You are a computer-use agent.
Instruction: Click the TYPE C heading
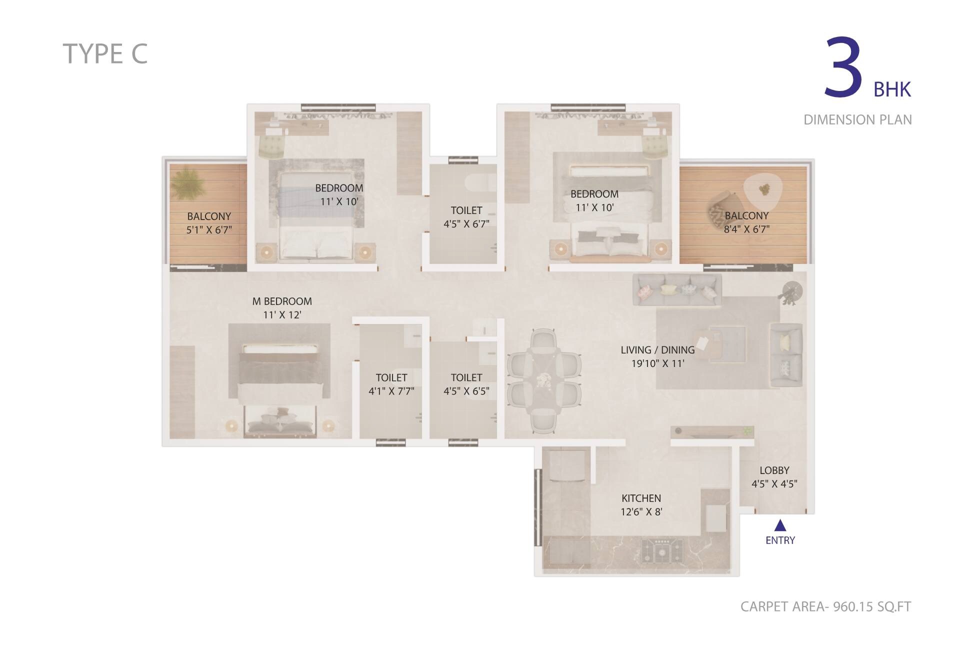coord(105,54)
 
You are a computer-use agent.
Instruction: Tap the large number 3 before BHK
coord(843,67)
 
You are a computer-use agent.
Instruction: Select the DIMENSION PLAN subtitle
coord(857,120)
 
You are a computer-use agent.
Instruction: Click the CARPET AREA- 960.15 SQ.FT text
coord(825,606)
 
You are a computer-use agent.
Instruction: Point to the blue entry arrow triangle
coord(780,525)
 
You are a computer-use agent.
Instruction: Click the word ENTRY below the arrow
coord(780,540)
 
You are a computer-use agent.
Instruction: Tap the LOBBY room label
coord(774,470)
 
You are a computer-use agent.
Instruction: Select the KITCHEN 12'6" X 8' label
coord(641,505)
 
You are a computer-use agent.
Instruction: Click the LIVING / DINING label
coord(657,350)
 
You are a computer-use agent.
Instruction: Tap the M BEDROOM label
coord(282,301)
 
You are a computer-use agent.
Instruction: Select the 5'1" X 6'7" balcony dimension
coord(209,230)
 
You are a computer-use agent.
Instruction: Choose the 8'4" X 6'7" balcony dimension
coord(746,229)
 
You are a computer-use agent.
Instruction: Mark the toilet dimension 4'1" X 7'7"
coord(391,391)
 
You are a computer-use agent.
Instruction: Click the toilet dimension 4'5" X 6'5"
coord(466,391)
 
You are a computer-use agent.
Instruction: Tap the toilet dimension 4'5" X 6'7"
coord(466,224)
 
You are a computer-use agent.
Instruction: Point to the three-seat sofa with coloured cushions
coord(677,289)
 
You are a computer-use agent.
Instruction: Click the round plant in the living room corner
coord(791,291)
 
